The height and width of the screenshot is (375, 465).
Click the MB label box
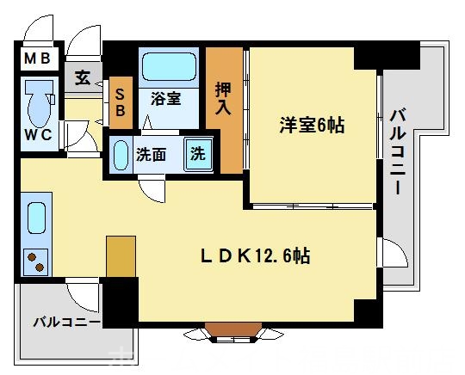click(36, 59)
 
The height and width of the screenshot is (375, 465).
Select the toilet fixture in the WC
click(38, 103)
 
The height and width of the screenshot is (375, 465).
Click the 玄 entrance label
click(82, 78)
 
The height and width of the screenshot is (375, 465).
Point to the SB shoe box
click(120, 101)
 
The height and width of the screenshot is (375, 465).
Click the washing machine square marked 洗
click(198, 155)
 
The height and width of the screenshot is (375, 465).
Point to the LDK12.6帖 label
click(256, 255)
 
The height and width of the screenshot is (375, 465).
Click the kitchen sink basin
click(36, 218)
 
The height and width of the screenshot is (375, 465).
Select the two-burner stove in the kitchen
click(36, 259)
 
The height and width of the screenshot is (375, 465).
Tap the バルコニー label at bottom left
click(66, 323)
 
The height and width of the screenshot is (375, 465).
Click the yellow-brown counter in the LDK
click(121, 255)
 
